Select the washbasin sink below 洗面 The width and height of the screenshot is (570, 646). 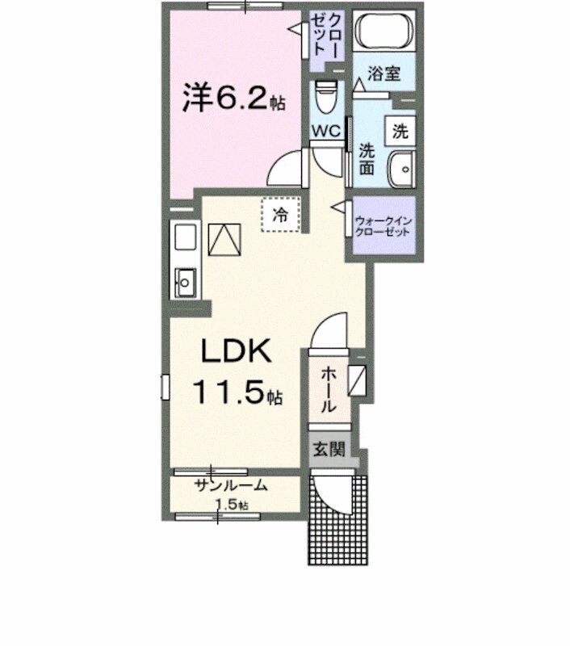pos(400,170)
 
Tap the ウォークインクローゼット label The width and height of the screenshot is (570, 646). pos(382,225)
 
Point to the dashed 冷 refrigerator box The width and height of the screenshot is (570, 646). pos(280,215)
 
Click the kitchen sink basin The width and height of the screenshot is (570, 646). pos(185,282)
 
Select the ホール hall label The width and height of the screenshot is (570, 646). pos(329,389)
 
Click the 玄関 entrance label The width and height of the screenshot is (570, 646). pos(329,448)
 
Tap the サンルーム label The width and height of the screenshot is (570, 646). pos(230,486)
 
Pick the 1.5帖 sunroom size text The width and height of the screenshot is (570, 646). pos(231,505)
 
